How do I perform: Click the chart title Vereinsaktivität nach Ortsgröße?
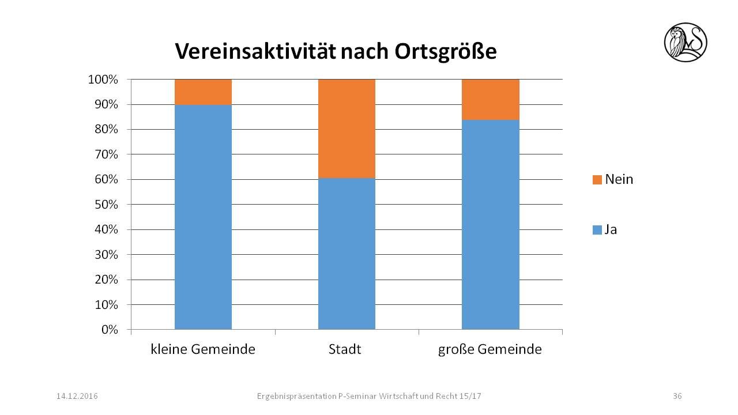336,52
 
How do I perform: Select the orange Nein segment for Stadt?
347,129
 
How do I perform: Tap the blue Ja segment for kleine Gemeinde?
203,217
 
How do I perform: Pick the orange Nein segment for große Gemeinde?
490,99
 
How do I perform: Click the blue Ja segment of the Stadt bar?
347,254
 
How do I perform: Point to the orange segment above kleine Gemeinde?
203,92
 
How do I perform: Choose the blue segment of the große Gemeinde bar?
490,225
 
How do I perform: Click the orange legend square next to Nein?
597,180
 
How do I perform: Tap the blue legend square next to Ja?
597,230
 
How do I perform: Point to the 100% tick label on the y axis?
103,80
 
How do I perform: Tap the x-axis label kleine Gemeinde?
203,349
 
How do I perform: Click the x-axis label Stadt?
345,349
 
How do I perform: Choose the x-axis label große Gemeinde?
490,349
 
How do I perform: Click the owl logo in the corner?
686,42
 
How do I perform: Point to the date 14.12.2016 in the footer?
77,396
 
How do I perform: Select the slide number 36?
677,396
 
